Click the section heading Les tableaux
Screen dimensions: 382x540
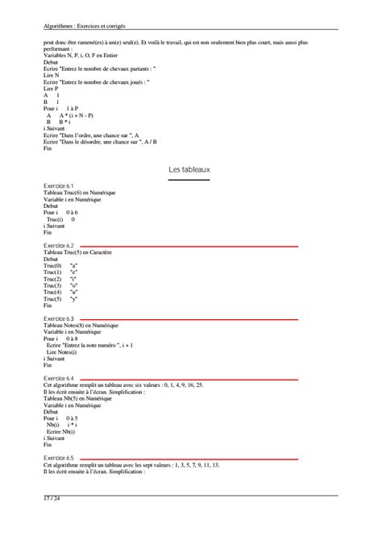(x=189, y=169)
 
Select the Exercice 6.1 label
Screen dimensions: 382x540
(x=59, y=185)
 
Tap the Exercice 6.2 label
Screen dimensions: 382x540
(x=59, y=245)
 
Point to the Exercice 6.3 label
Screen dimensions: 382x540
(x=59, y=318)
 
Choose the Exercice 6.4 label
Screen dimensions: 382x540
(x=59, y=378)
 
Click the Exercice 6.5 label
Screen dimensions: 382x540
(x=59, y=458)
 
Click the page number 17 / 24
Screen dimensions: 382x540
(x=53, y=500)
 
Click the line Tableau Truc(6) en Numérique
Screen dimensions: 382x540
(x=80, y=192)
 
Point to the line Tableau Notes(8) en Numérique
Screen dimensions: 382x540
(x=81, y=325)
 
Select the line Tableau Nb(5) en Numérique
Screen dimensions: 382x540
(x=77, y=398)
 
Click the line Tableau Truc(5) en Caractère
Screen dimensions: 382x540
(x=77, y=252)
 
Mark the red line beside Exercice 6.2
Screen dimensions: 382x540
(x=189, y=246)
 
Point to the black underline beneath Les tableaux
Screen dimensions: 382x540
(x=189, y=180)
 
